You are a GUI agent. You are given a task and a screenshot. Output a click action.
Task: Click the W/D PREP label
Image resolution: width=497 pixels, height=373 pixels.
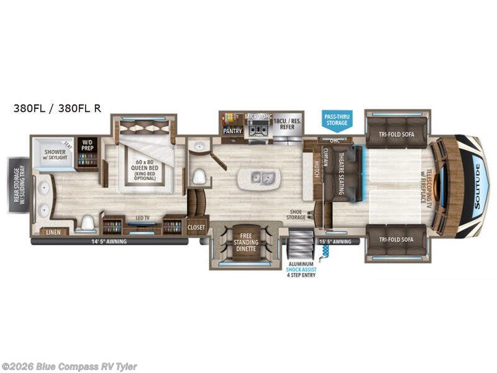click(x=87, y=147)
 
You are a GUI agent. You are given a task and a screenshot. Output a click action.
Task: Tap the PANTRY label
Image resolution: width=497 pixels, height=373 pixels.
click(x=232, y=131)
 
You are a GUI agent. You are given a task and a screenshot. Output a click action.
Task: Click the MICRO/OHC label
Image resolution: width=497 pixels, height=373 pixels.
click(x=259, y=116)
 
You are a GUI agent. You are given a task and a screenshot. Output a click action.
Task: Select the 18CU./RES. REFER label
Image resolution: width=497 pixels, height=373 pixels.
click(x=287, y=123)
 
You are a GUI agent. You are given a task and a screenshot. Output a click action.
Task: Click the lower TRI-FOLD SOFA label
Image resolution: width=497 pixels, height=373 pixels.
click(x=396, y=239)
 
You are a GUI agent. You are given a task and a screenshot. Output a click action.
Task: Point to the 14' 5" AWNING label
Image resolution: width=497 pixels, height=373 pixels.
click(x=109, y=241)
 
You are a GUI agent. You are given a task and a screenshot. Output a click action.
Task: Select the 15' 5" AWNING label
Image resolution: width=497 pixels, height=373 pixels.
click(x=335, y=241)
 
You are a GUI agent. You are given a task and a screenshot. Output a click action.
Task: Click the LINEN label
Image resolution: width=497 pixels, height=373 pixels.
click(x=54, y=232)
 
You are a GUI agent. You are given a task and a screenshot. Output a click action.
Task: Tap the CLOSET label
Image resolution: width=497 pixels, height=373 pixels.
click(x=196, y=228)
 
